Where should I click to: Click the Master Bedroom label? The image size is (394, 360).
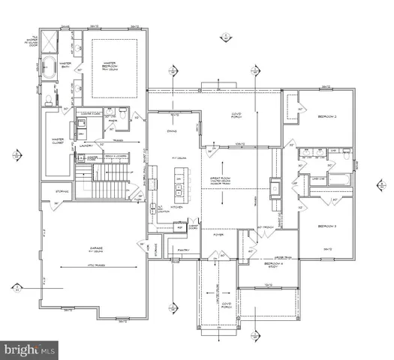click(115, 66)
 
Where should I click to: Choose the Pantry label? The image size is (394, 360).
click(178, 252)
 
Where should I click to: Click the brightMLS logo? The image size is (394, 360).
click(30, 349)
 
